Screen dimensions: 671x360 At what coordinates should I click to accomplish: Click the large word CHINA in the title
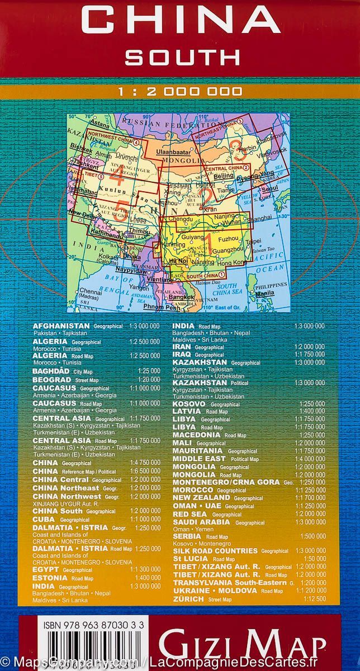click(180, 21)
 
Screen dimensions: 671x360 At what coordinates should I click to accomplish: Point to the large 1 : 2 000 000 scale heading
click(180, 92)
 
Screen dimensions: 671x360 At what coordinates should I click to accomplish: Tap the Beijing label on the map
click(223, 176)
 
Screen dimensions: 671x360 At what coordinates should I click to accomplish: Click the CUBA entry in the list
click(44, 519)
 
